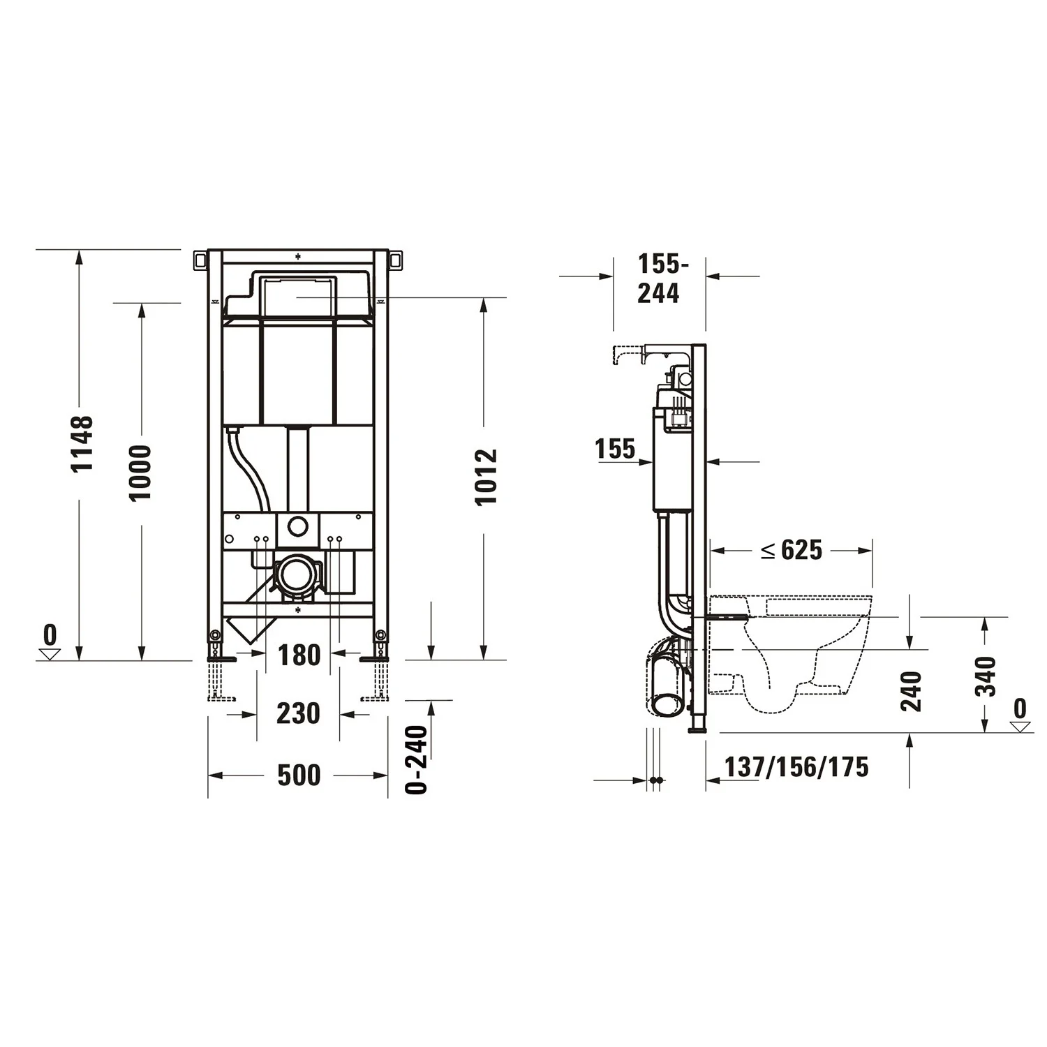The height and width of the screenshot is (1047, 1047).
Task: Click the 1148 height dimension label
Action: point(82,443)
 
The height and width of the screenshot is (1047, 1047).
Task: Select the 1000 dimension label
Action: point(140,473)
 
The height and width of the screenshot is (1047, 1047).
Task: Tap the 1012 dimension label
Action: point(486,477)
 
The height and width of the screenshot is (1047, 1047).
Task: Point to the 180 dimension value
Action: point(299,655)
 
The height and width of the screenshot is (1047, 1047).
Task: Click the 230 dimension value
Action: point(298,713)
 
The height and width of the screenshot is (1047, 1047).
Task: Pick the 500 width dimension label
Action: point(299,775)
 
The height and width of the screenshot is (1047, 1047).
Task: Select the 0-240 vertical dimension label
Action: point(417,759)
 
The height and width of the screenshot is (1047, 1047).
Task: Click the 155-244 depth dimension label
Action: point(660,279)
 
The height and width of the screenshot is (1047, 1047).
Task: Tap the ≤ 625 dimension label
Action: point(792,550)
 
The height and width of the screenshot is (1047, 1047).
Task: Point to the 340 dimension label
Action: point(986,676)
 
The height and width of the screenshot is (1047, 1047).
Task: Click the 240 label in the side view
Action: point(911,691)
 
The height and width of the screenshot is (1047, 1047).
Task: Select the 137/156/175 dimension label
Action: point(796,767)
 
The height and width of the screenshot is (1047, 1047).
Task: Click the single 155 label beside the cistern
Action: point(615,449)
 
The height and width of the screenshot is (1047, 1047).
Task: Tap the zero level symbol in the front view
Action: point(50,644)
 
